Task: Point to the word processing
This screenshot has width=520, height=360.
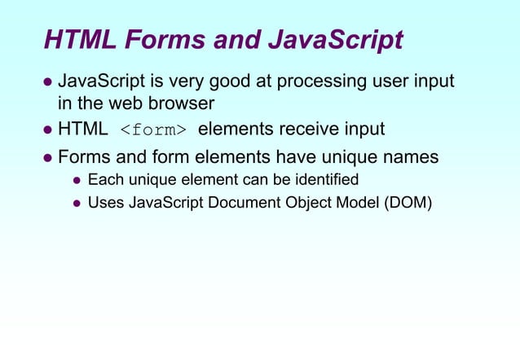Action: coord(315,82)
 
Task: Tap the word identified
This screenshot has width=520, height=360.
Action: coord(324,179)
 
